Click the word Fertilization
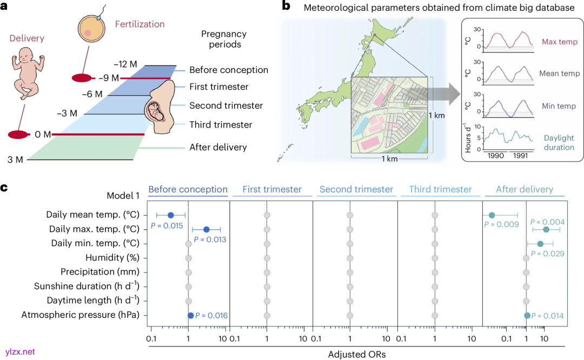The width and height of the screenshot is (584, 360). point(140,24)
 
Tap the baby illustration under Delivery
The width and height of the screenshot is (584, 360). point(27,72)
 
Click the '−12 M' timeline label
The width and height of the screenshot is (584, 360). point(127,64)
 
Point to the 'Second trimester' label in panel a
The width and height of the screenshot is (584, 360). point(226,105)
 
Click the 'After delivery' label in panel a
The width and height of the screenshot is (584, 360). point(218,147)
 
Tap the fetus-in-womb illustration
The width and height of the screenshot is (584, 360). point(158,107)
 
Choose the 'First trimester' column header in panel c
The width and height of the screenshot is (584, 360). point(272,189)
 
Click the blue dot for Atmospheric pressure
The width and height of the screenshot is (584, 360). point(190,315)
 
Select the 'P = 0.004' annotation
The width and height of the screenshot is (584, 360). point(547,222)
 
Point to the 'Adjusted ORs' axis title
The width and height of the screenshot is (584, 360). point(356,355)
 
